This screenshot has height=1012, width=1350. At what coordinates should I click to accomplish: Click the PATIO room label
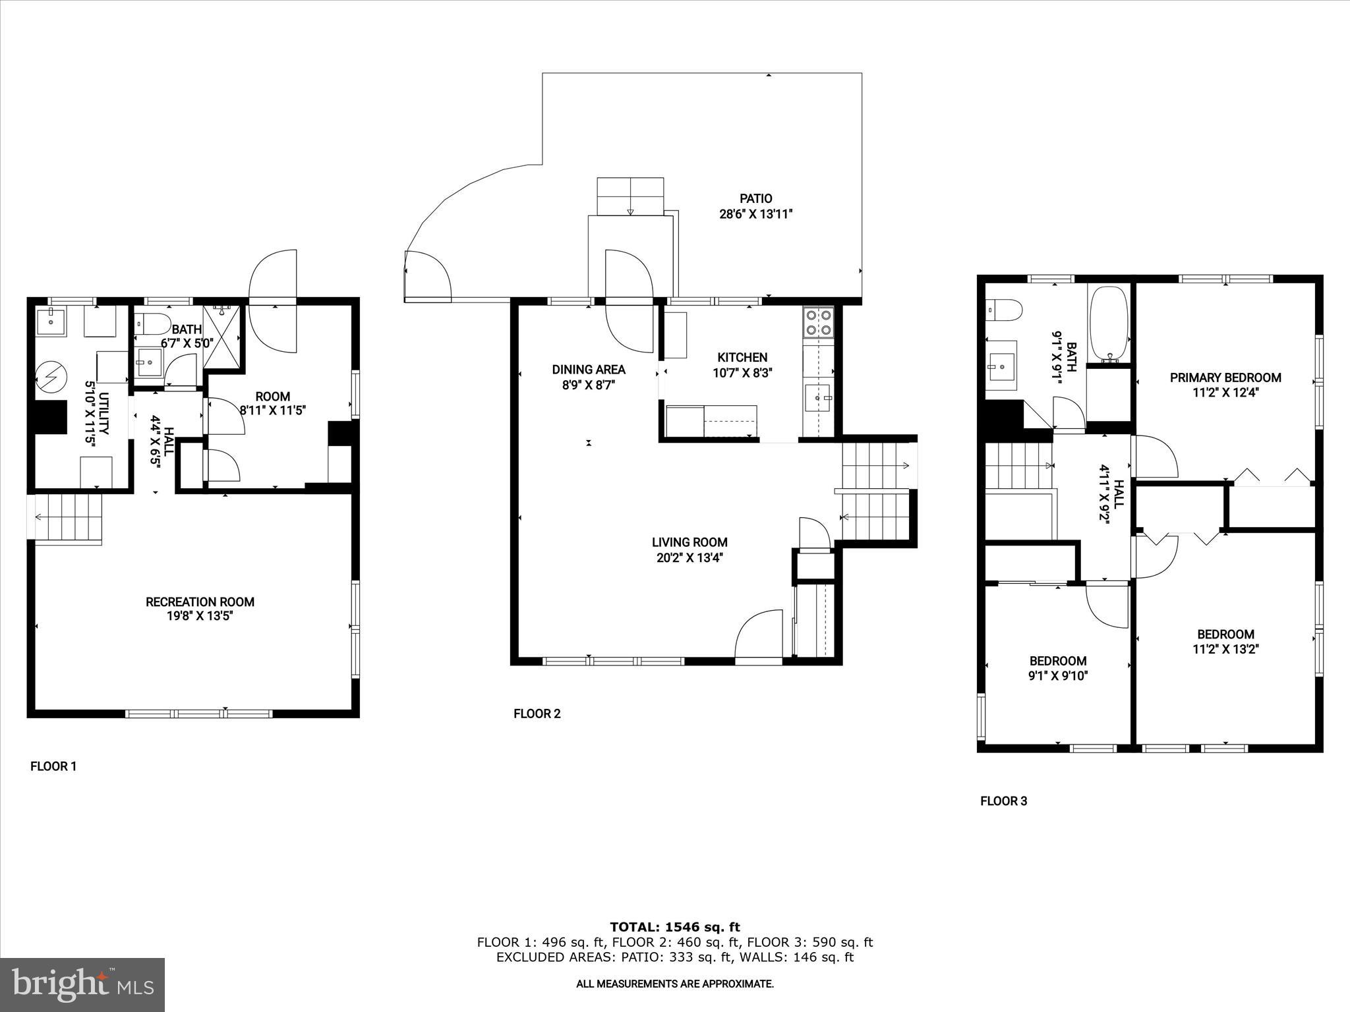(x=755, y=198)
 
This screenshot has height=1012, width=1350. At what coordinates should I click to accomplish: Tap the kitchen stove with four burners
(x=818, y=323)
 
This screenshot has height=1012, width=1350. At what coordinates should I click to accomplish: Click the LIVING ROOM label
(x=690, y=542)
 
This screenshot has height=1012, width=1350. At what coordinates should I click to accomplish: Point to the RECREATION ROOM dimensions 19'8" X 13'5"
(x=200, y=617)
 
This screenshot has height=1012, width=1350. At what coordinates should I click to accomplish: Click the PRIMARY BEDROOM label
(x=1225, y=378)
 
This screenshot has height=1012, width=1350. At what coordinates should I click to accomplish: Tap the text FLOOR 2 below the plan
(x=537, y=714)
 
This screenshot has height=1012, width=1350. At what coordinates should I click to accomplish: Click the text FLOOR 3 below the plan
(x=1003, y=801)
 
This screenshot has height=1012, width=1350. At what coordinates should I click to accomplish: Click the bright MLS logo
(x=82, y=984)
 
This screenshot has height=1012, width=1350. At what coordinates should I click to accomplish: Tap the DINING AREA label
(x=589, y=370)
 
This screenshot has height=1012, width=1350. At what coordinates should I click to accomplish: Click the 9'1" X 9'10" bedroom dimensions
(x=1058, y=675)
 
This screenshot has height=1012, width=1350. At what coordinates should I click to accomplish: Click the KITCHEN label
(x=742, y=357)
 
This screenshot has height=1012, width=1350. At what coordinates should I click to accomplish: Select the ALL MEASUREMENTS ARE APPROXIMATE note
(x=674, y=984)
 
